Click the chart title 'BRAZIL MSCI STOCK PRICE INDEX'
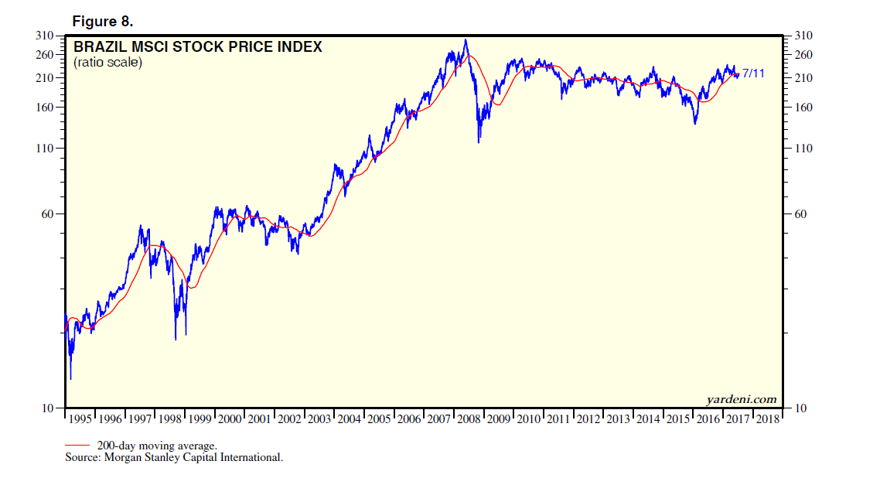click(x=197, y=47)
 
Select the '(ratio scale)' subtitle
click(x=108, y=63)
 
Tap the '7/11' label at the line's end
click(x=754, y=73)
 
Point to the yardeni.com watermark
click(x=741, y=399)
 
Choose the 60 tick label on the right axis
click(x=801, y=214)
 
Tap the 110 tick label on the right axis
click(x=803, y=149)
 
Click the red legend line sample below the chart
click(x=79, y=446)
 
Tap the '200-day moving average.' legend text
click(x=157, y=446)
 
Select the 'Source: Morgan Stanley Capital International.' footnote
click(x=174, y=457)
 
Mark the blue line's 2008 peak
click(x=465, y=40)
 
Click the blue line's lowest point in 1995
click(x=70, y=379)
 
